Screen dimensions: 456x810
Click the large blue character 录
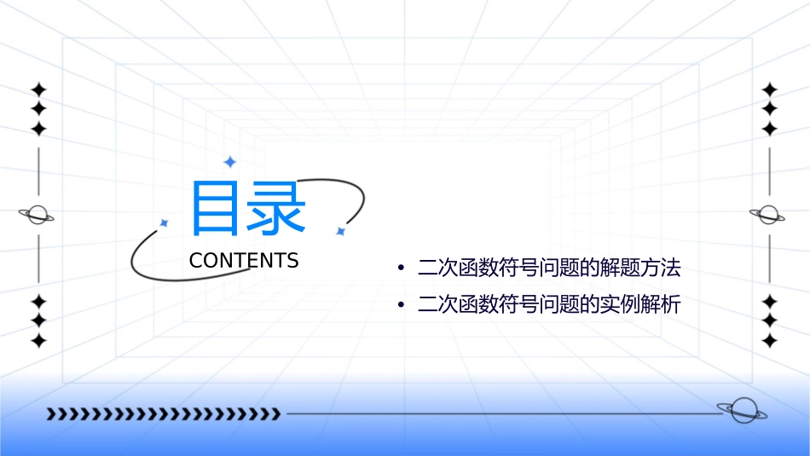pyautogui.click(x=277, y=208)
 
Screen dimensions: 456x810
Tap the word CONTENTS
pyautogui.click(x=244, y=261)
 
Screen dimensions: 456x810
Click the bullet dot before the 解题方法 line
pyautogui.click(x=402, y=270)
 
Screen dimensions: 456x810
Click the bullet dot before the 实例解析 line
pyautogui.click(x=402, y=305)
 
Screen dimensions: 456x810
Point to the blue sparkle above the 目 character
pyautogui.click(x=229, y=162)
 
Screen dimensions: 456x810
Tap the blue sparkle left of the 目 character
pyautogui.click(x=164, y=222)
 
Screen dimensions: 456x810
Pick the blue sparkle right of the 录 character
pyautogui.click(x=340, y=231)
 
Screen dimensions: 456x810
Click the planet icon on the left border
pyautogui.click(x=38, y=215)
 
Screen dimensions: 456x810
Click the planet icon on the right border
pyautogui.click(x=769, y=215)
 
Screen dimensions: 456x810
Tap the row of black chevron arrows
pyautogui.click(x=163, y=414)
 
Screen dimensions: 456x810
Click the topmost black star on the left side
pyautogui.click(x=38, y=89)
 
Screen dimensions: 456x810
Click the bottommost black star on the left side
pyautogui.click(x=38, y=341)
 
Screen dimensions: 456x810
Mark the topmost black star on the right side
pyautogui.click(x=770, y=89)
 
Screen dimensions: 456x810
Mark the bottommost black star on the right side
pyautogui.click(x=770, y=341)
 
